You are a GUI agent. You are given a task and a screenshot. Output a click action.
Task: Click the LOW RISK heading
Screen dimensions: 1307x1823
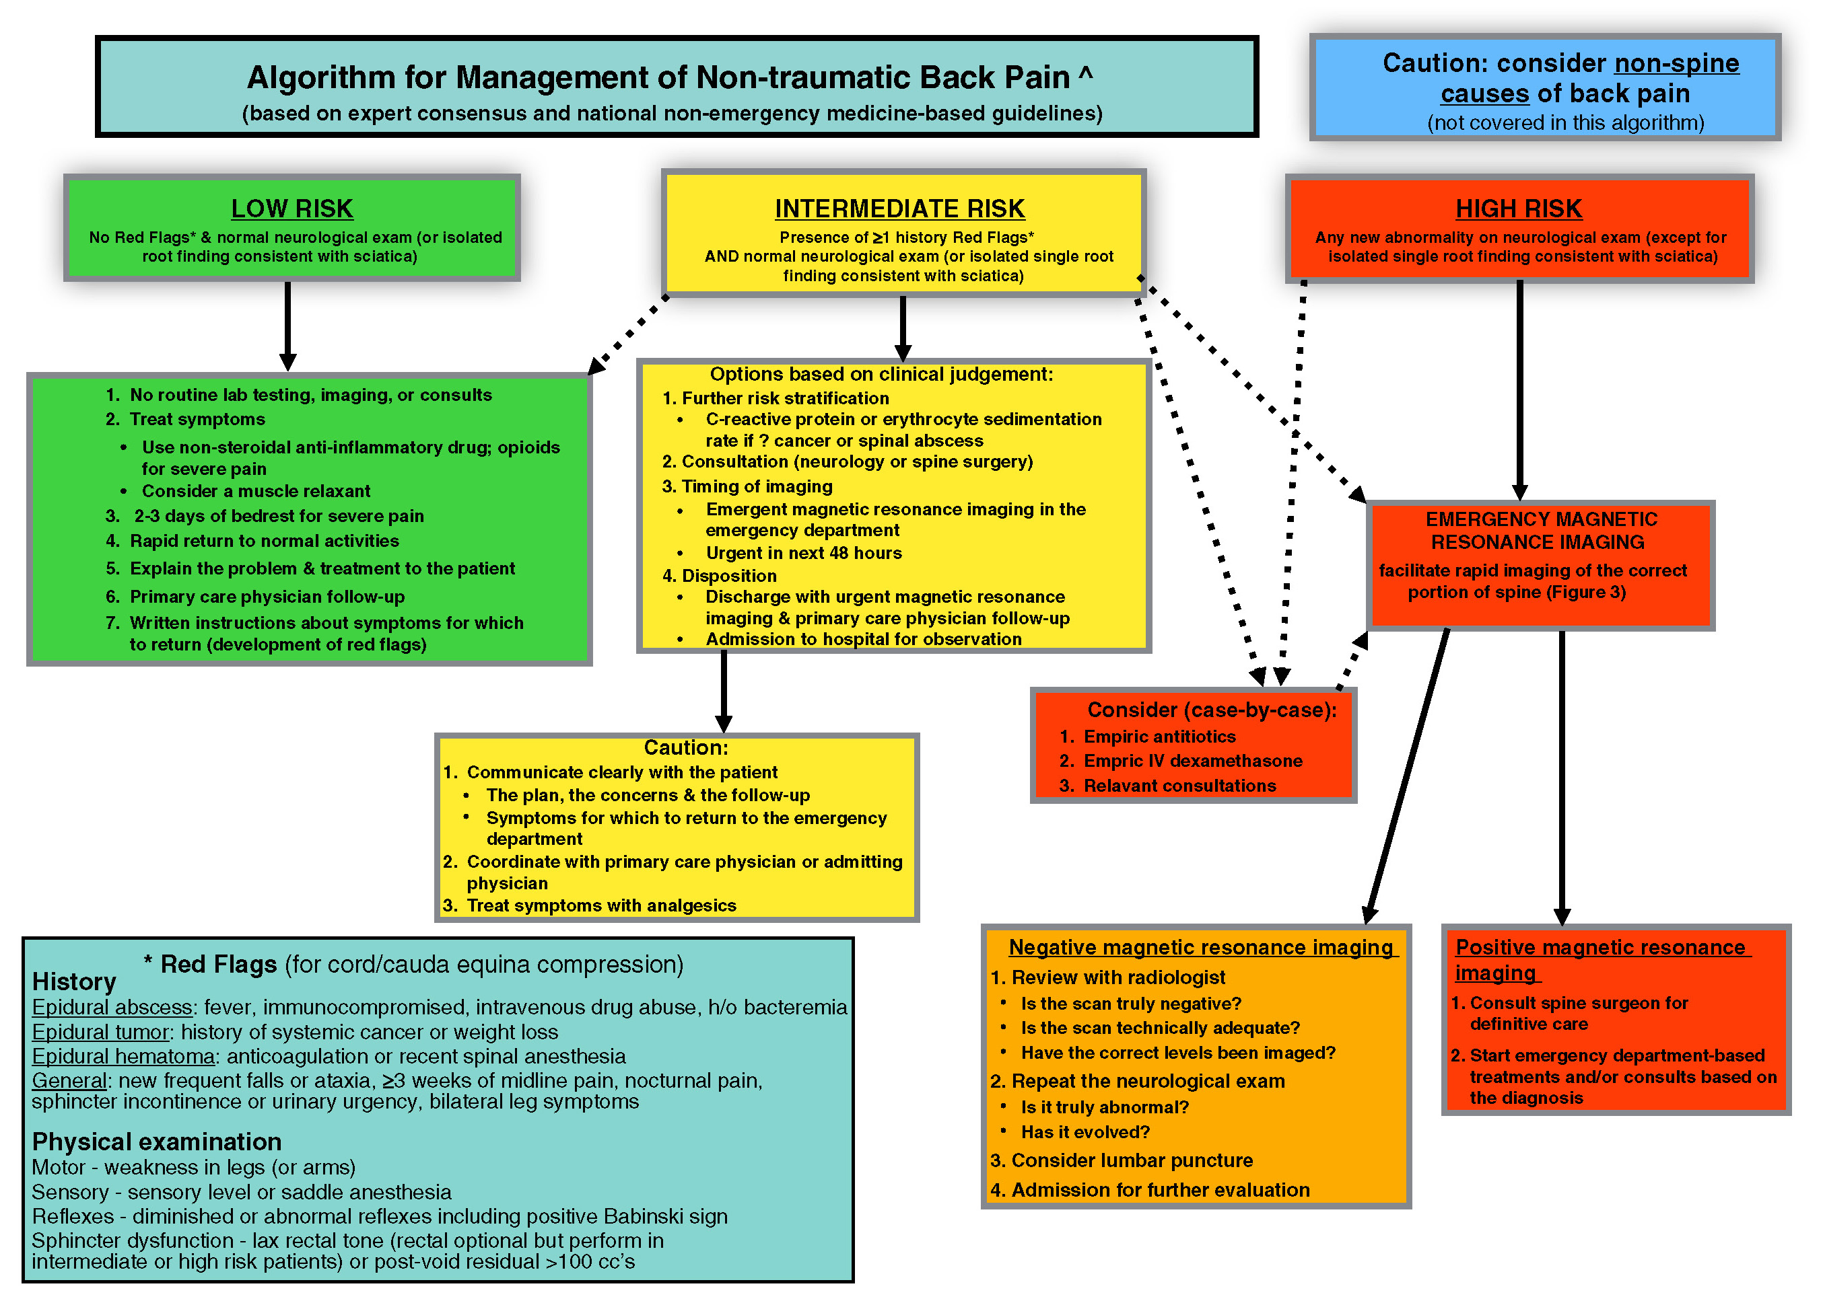291,209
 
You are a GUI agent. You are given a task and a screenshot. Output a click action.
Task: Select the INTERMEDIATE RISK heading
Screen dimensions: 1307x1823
899,209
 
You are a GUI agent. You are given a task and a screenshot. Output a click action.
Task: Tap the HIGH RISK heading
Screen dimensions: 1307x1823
1518,209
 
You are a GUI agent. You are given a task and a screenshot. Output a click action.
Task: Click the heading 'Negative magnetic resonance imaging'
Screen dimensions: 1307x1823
1201,948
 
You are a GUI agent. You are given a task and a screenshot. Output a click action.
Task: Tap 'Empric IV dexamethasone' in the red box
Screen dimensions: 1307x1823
1193,761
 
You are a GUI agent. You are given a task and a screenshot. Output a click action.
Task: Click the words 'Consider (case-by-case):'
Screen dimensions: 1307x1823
1211,710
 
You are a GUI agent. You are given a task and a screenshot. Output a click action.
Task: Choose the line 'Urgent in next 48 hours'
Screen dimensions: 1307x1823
804,553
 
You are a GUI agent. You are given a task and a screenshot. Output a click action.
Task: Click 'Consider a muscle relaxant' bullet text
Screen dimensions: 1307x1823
256,491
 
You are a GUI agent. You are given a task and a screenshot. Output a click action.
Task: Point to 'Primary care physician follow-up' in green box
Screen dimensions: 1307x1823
267,596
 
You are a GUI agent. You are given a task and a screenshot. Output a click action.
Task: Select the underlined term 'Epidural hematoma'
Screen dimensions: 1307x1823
123,1055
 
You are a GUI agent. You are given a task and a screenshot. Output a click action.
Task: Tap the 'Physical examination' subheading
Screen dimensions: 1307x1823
157,1142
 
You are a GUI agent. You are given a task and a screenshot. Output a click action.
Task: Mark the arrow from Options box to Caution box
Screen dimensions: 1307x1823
724,691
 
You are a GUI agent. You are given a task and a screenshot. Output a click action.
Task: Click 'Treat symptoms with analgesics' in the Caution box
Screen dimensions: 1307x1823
601,905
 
